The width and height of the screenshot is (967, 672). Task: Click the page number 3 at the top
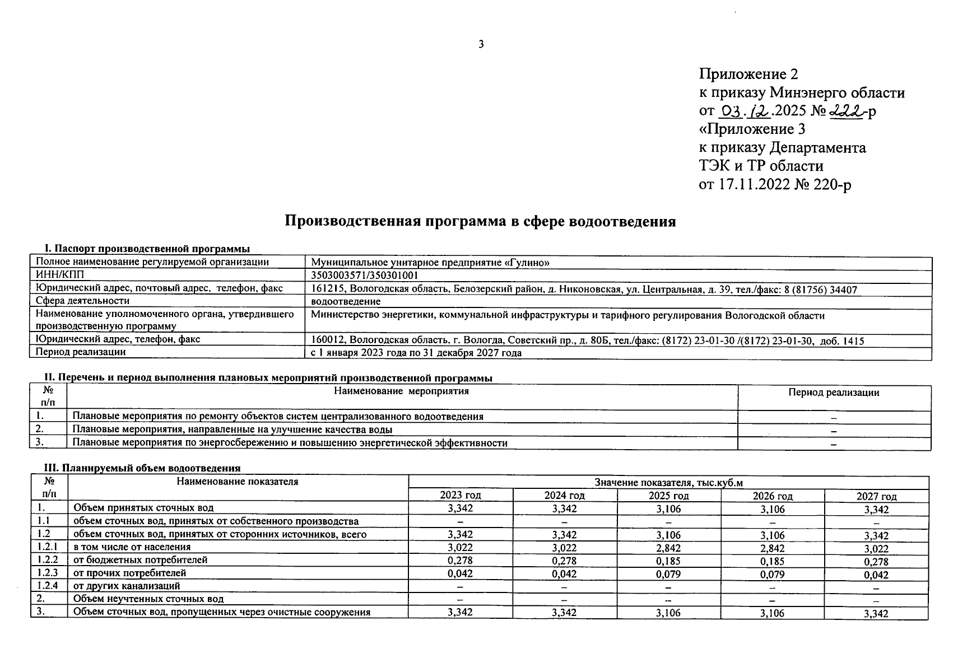point(481,45)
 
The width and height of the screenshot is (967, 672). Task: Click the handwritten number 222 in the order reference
point(846,111)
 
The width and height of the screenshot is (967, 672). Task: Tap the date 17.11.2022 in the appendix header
point(754,184)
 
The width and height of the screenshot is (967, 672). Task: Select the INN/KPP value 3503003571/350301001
point(365,276)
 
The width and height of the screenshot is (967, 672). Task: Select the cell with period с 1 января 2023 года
point(416,353)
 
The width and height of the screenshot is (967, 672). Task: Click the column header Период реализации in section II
point(834,393)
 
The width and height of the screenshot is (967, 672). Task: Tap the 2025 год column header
point(668,496)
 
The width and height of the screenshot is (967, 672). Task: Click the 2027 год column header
point(876,496)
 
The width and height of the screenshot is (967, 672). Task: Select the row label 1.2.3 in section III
point(48,573)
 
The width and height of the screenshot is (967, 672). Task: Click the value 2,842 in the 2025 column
point(668,548)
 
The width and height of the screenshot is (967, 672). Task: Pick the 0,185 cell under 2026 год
point(772,561)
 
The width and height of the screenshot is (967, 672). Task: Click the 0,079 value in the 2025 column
point(668,574)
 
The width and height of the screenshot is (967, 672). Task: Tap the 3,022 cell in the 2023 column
point(461,547)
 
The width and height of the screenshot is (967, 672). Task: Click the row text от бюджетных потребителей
point(140,560)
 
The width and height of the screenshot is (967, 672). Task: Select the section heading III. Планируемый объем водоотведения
point(142,468)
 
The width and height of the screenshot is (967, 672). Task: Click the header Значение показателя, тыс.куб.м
point(668,483)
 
